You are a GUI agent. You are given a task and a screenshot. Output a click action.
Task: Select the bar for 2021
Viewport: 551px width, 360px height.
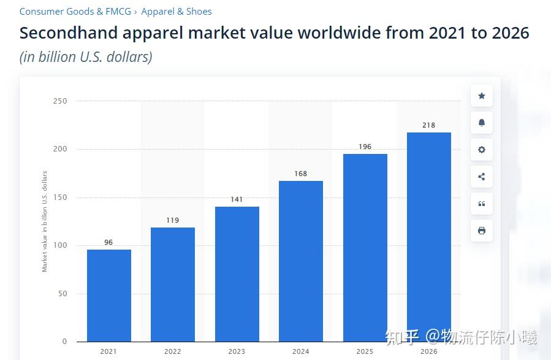108,295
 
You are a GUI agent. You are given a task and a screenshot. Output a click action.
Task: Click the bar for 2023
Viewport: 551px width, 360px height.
237,274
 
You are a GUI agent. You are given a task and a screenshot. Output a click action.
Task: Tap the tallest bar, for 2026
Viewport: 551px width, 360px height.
428,237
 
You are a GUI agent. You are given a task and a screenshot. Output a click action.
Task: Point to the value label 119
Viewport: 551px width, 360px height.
172,220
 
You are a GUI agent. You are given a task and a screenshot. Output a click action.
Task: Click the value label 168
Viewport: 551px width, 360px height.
300,174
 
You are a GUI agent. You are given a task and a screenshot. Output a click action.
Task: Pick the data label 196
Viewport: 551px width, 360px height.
365,147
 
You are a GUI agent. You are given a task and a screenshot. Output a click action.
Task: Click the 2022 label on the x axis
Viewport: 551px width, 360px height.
172,351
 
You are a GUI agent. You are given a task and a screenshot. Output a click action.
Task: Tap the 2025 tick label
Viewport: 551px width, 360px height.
365,351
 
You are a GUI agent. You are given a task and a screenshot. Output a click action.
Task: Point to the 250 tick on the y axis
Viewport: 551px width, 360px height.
60,101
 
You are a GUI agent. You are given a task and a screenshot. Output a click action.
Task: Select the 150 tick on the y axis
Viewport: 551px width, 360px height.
60,197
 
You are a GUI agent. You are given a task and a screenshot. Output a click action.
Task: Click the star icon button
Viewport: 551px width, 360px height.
482,96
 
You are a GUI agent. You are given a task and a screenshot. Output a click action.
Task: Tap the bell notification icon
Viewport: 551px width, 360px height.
482,123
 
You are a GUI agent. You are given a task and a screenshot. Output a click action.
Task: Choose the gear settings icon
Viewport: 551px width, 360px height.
482,150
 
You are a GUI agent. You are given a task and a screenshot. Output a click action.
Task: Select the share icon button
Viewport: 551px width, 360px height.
482,177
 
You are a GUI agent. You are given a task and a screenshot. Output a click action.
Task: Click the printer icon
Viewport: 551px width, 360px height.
482,231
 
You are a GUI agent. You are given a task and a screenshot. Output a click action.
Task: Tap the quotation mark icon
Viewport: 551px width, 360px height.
482,204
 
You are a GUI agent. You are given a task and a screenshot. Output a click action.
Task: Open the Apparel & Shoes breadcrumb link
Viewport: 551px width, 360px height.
177,12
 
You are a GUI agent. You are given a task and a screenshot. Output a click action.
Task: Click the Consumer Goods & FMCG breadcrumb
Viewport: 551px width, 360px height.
75,12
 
